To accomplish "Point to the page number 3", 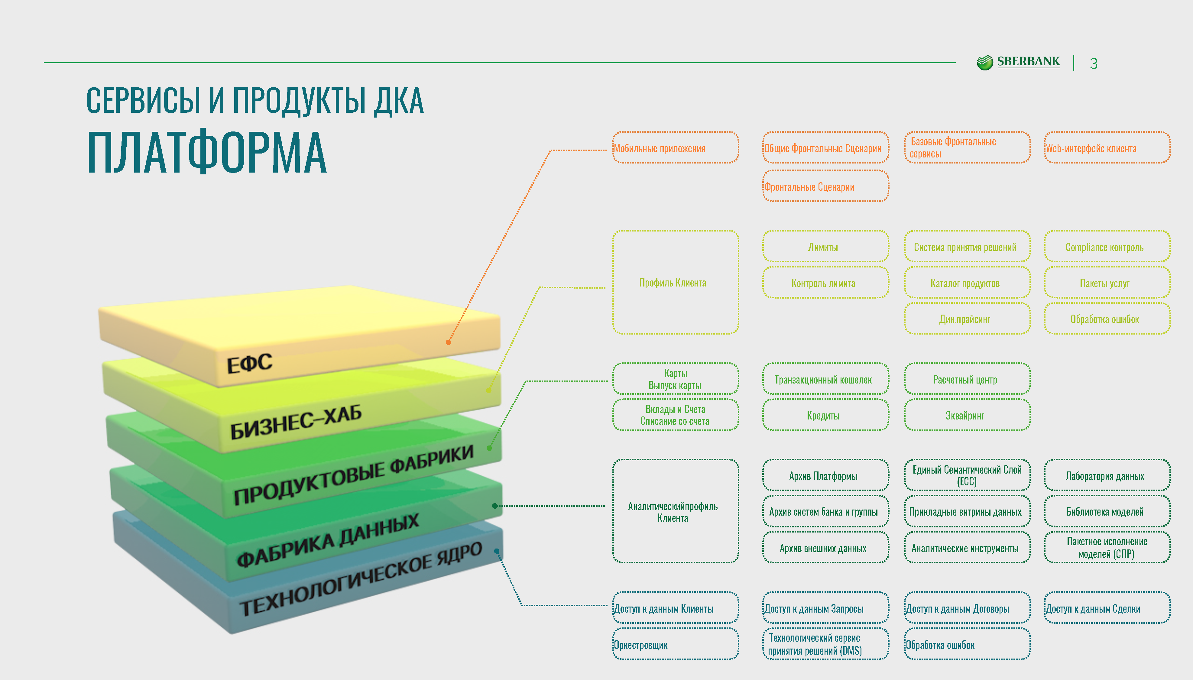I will tap(1094, 63).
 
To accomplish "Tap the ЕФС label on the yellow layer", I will tap(249, 363).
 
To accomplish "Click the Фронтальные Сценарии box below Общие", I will tap(825, 186).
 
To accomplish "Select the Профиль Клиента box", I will tap(675, 282).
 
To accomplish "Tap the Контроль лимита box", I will tap(825, 283).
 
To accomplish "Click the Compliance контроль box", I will tap(1107, 247).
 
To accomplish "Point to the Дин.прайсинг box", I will tap(967, 319).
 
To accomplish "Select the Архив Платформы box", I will tap(825, 475).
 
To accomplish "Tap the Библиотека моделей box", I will tap(1107, 511).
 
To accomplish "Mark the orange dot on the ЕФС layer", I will tap(448, 342).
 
